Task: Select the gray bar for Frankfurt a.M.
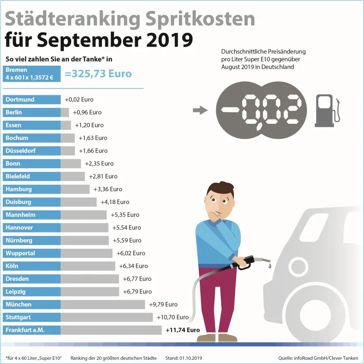(111, 330)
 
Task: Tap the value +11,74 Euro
(183, 330)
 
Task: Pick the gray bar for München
(103, 305)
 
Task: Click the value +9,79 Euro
(163, 305)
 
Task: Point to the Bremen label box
(32, 74)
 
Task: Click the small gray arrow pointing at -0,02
(200, 110)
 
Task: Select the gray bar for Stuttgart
(107, 317)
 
